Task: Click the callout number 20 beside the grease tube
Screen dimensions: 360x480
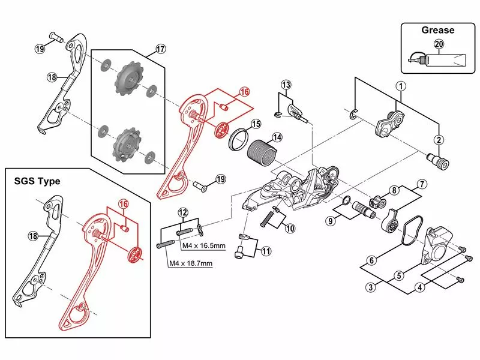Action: pos(438,44)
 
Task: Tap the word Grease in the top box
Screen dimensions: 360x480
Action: pos(437,30)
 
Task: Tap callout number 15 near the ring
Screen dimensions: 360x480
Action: pos(256,124)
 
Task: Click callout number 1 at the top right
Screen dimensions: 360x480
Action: pos(400,86)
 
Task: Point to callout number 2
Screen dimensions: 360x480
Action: pos(439,140)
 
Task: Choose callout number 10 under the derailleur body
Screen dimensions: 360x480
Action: pos(290,228)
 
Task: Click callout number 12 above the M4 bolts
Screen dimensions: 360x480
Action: pos(183,211)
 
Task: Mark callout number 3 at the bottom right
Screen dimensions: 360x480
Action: pos(371,287)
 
